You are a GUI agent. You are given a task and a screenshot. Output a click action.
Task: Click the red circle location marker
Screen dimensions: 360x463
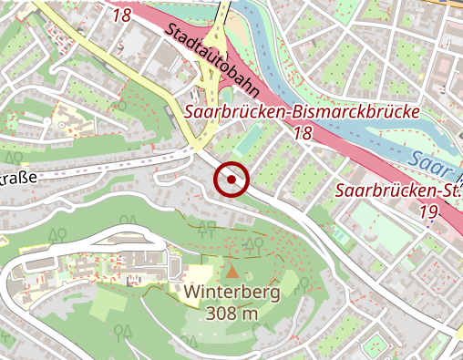point(232,180)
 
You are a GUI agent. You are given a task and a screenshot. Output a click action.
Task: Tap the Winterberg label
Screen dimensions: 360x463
point(231,293)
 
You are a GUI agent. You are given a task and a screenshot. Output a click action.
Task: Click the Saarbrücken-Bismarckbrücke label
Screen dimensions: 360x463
point(302,112)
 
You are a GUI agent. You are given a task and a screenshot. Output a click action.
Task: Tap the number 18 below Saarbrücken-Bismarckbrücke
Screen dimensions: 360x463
point(303,134)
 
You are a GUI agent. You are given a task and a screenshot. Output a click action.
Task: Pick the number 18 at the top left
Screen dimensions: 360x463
point(122,15)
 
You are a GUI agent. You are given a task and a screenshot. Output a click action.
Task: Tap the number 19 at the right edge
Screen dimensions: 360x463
point(429,212)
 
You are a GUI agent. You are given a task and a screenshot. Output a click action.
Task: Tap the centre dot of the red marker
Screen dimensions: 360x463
point(232,180)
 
